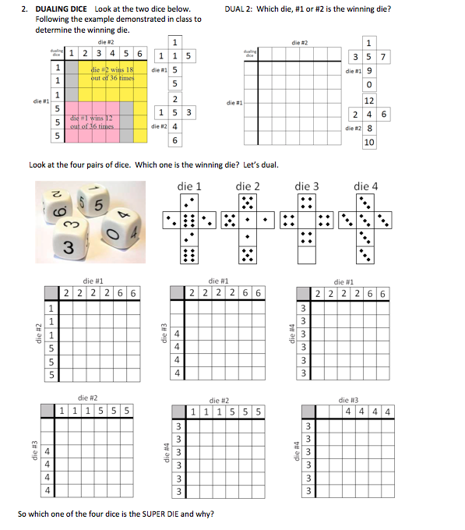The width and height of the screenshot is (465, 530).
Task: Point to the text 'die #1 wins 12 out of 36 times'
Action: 92,121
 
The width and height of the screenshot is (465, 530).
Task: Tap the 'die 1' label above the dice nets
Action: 189,186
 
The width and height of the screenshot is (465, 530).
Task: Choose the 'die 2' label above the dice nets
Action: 248,186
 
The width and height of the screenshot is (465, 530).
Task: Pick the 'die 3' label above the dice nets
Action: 307,186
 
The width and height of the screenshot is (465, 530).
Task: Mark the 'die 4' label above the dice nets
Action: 365,186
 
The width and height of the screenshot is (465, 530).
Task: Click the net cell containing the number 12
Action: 369,100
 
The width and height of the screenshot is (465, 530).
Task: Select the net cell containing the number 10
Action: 369,142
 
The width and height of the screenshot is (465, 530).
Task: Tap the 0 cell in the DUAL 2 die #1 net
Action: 369,84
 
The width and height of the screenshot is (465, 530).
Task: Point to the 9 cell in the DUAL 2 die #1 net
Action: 369,70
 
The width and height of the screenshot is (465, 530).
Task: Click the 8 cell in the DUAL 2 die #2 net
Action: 369,128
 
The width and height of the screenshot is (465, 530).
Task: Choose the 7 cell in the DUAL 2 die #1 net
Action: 383,56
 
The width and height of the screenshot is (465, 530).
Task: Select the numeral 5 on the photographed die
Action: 99,206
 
